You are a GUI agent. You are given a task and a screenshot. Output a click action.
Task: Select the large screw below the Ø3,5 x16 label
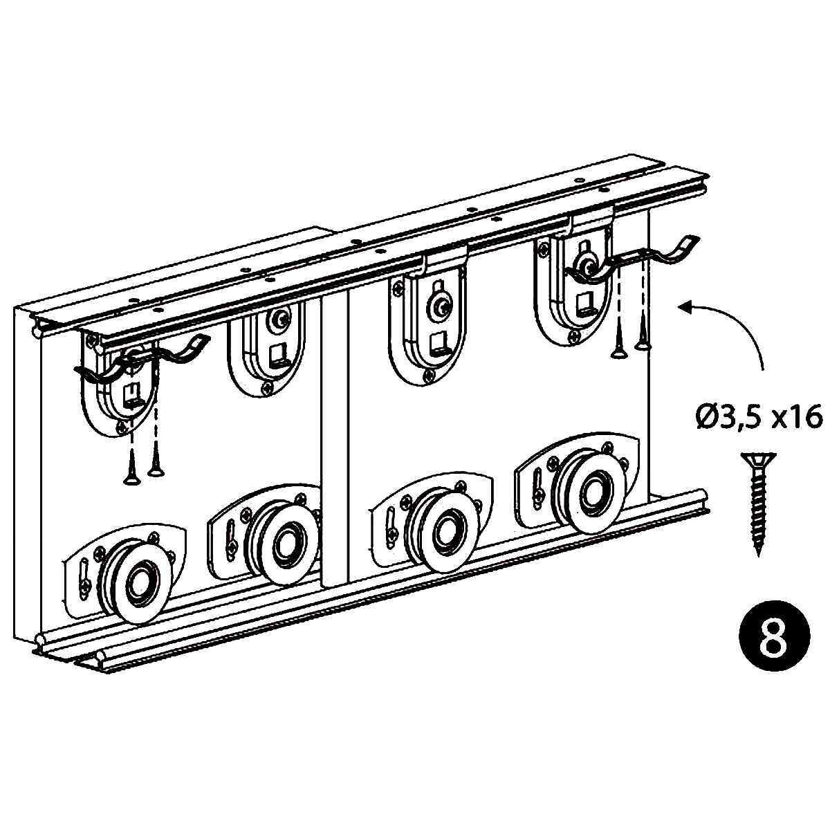pyautogui.click(x=759, y=504)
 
